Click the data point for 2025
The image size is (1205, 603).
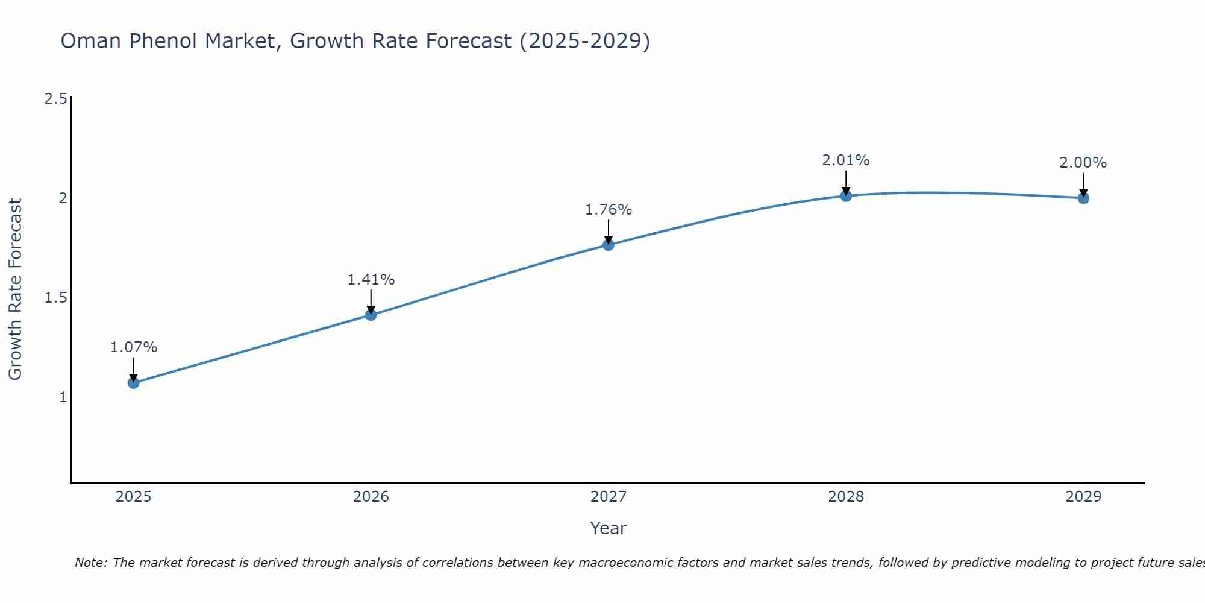133,383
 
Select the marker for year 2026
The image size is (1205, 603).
371,315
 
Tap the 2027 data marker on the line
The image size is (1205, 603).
609,245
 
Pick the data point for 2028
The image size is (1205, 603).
846,195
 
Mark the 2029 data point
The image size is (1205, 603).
1083,198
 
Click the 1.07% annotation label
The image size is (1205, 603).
133,347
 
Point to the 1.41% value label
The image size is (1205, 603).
371,280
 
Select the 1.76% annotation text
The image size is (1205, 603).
609,210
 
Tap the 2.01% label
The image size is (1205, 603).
846,160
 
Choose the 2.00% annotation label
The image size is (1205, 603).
1083,163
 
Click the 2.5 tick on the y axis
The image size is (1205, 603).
55,99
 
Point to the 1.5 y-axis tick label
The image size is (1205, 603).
55,298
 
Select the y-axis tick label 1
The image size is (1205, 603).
63,397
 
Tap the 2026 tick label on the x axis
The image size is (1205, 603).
371,497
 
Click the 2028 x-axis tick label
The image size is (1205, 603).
846,497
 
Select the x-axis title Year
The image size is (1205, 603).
609,528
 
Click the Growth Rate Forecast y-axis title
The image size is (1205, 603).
15,289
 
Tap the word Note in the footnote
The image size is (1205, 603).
90,563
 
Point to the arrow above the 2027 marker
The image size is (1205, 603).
609,230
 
